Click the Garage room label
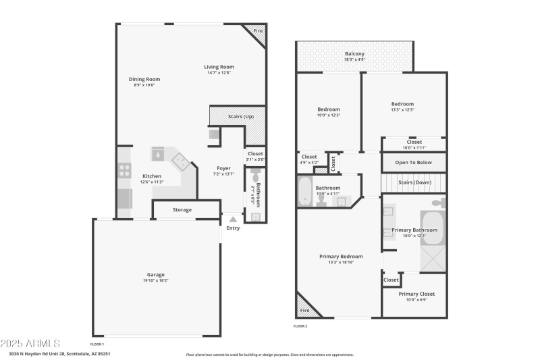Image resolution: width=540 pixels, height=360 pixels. point(155,275)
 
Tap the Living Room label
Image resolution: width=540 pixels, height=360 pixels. point(219,67)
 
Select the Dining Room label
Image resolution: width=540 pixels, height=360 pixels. point(144,79)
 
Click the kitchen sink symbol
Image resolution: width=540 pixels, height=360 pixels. point(157,154)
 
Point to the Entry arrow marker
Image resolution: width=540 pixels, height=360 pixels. point(233,219)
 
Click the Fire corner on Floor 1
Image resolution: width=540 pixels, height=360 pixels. point(257,32)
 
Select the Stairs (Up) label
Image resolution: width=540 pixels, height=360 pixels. point(240,117)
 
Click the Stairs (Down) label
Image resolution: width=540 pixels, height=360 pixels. point(414,182)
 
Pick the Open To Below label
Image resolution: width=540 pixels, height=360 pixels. point(414,162)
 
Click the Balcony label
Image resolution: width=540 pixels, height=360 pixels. point(354,54)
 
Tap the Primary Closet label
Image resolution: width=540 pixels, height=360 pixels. point(416,294)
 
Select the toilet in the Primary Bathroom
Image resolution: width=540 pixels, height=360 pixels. point(437,202)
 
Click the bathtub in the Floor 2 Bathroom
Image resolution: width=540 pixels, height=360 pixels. point(304,191)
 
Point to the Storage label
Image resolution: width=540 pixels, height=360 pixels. point(182,210)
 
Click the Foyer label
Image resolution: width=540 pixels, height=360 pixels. point(223,168)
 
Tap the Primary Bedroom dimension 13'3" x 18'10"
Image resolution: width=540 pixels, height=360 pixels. point(341,262)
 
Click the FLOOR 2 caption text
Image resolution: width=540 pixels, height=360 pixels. point(300,326)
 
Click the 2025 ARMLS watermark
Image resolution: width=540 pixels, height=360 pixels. point(30,343)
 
